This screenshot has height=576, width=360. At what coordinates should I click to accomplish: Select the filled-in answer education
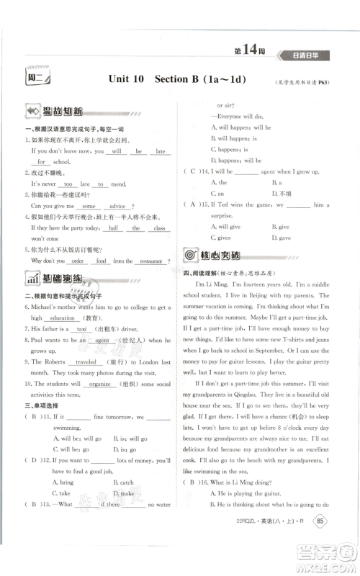(63, 318)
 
